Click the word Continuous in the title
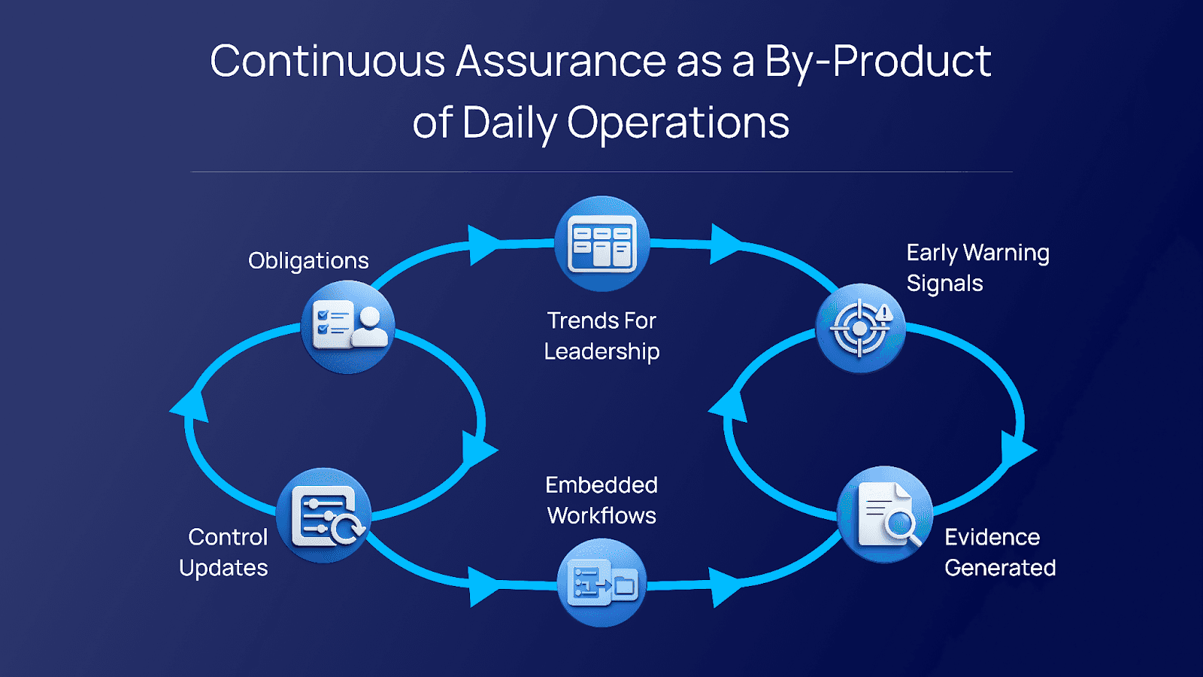[x=328, y=60]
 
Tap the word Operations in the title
[x=677, y=123]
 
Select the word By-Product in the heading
[x=877, y=61]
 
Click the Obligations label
[x=308, y=261]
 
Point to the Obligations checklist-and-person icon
[x=348, y=326]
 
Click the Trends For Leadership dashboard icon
[x=601, y=244]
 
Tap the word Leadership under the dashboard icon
[x=601, y=352]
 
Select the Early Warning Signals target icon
[x=860, y=328]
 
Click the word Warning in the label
[x=1006, y=253]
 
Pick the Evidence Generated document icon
[x=884, y=515]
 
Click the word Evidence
[x=992, y=537]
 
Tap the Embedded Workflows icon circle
[x=601, y=582]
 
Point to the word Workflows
[x=601, y=516]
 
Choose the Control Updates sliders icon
[x=324, y=515]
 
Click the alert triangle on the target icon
[x=883, y=313]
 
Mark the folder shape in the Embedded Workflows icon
[x=625, y=584]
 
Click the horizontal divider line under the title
[x=601, y=172]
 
